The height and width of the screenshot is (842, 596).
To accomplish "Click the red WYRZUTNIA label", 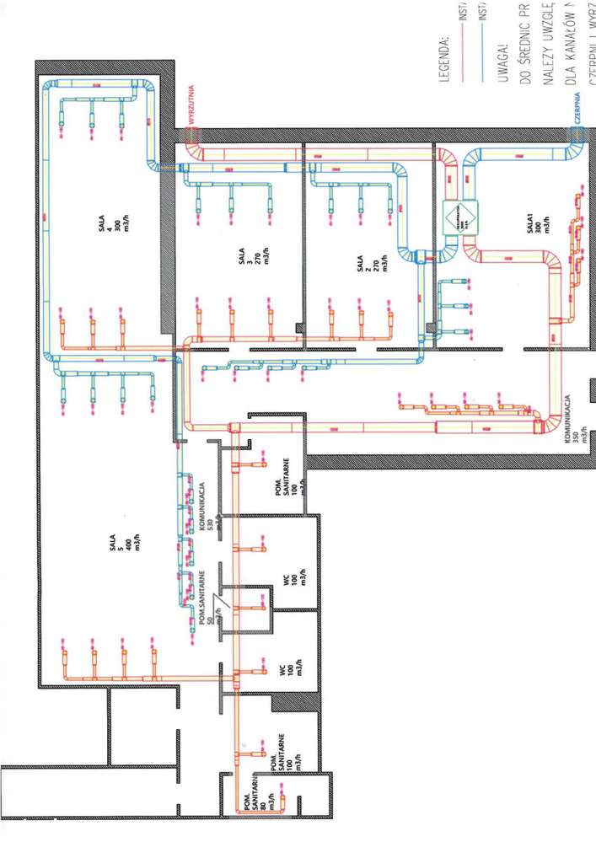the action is point(193,106).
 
